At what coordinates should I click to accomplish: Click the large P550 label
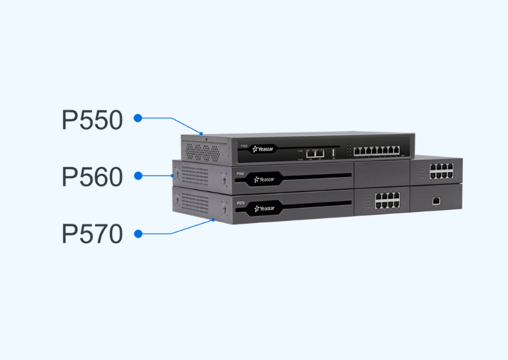tap(92, 120)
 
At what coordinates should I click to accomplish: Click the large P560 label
tap(92, 177)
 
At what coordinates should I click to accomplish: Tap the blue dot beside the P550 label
tap(137, 118)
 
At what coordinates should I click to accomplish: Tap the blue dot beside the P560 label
tap(137, 175)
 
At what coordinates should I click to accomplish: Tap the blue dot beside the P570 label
tap(137, 234)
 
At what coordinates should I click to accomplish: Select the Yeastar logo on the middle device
tap(264, 178)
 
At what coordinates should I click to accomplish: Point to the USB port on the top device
tap(333, 153)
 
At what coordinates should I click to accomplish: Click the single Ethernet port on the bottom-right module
tap(436, 201)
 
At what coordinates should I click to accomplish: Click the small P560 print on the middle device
tap(241, 174)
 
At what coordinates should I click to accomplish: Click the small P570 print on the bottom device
tap(241, 204)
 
